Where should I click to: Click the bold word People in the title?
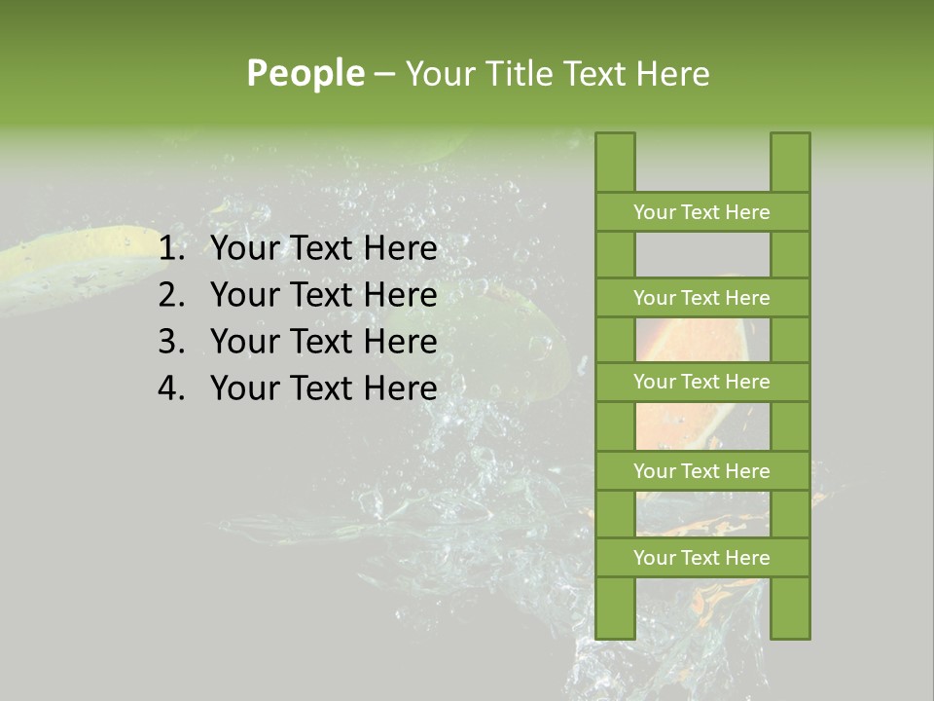(x=305, y=73)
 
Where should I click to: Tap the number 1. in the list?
(x=171, y=249)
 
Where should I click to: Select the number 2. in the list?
(x=171, y=295)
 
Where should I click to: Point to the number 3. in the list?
(x=171, y=342)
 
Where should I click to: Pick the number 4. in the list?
(x=171, y=388)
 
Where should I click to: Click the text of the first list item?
(x=323, y=249)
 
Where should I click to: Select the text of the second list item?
(x=323, y=295)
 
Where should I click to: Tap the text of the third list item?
(x=323, y=342)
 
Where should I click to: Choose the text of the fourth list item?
(x=323, y=388)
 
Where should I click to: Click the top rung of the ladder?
(x=701, y=212)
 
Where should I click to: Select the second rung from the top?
(x=701, y=298)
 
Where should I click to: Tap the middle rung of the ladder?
(x=701, y=382)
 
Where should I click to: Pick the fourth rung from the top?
(x=701, y=471)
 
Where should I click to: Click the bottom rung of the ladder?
(x=701, y=558)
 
